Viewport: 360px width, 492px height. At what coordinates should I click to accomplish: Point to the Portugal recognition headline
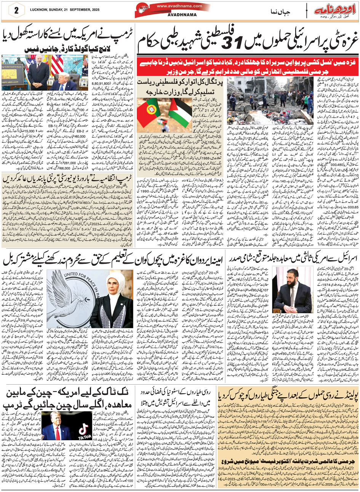[179, 87]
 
